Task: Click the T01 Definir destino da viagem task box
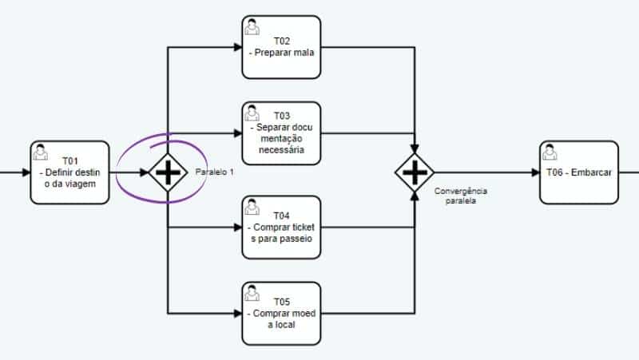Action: tap(69, 172)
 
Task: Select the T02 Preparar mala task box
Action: tap(281, 47)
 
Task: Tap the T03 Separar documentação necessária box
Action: tap(281, 133)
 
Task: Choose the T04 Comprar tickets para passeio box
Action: tap(281, 227)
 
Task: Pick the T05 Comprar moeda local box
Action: tap(281, 313)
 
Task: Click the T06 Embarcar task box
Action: tap(578, 172)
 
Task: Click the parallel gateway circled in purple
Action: tap(168, 172)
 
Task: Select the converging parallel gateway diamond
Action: tap(415, 172)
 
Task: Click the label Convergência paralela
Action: tap(461, 196)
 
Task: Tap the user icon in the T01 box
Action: tap(41, 152)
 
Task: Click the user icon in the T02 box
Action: tap(252, 26)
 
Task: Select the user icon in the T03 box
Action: tap(252, 113)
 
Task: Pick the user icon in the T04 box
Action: tap(252, 207)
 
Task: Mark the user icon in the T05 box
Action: tap(252, 293)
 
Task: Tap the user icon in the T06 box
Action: tap(550, 152)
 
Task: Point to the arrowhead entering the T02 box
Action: tap(237, 47)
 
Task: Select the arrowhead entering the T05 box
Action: tap(237, 313)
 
